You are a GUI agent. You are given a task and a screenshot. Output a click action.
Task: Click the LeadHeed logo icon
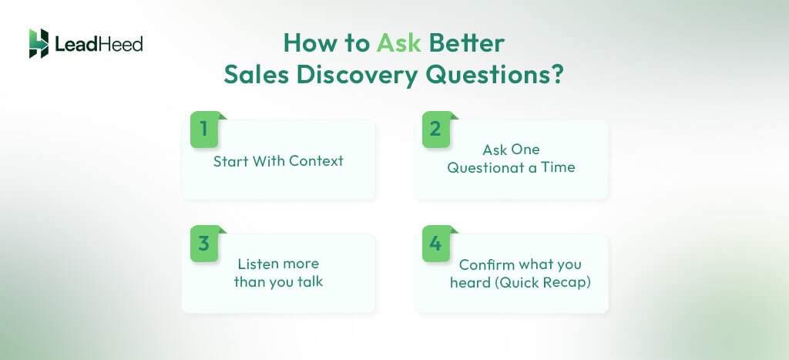pyautogui.click(x=39, y=43)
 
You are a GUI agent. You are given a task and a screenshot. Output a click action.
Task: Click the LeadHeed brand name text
pyautogui.click(x=99, y=44)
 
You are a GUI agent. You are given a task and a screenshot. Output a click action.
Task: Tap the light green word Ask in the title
pyautogui.click(x=398, y=43)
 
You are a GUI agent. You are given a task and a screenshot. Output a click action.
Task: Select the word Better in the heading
pyautogui.click(x=467, y=43)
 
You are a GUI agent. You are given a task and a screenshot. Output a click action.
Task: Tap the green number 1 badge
pyautogui.click(x=204, y=129)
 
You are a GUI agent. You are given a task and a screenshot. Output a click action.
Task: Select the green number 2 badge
pyautogui.click(x=435, y=129)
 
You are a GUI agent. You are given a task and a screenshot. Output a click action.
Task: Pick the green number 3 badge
pyautogui.click(x=204, y=244)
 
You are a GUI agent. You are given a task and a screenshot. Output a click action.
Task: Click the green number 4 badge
pyautogui.click(x=435, y=244)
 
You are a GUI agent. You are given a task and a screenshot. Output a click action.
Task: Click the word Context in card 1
pyautogui.click(x=315, y=162)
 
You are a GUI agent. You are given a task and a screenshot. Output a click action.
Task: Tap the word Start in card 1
pyautogui.click(x=230, y=162)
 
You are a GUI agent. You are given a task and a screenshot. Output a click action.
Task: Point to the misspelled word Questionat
pyautogui.click(x=483, y=167)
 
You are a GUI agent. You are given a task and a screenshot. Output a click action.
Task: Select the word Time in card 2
pyautogui.click(x=558, y=167)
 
